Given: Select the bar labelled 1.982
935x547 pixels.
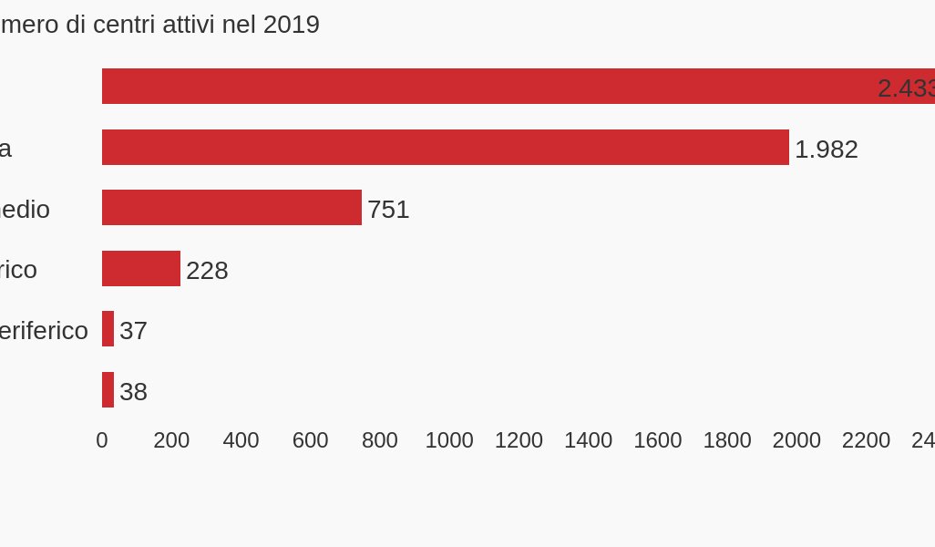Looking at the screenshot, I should (x=445, y=148).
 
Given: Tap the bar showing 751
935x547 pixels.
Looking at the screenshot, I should (x=231, y=208).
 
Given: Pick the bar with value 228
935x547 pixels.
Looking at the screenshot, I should (x=141, y=269).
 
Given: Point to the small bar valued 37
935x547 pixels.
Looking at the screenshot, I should (x=108, y=329).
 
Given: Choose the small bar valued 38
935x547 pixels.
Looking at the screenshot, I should (x=108, y=390).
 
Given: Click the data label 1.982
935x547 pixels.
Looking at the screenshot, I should (x=826, y=150).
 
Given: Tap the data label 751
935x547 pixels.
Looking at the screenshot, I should (x=388, y=210).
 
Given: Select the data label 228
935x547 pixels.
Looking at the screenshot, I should (x=207, y=271).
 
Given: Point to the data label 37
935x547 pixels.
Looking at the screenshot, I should (x=133, y=331).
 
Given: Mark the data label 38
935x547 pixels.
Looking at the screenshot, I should (x=133, y=392).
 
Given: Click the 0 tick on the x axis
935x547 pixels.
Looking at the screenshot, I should (x=102, y=440).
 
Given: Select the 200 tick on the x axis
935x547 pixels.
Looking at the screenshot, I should (x=171, y=440).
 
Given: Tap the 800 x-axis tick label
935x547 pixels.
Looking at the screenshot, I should (x=380, y=440).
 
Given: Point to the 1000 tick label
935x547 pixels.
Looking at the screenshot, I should (x=449, y=440).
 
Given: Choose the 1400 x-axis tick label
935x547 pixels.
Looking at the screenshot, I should (x=588, y=440).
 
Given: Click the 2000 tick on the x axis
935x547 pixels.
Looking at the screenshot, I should (x=796, y=440).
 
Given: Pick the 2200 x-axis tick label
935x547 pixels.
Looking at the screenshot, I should (x=866, y=440).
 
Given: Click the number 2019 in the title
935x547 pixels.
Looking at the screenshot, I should (x=292, y=25).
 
